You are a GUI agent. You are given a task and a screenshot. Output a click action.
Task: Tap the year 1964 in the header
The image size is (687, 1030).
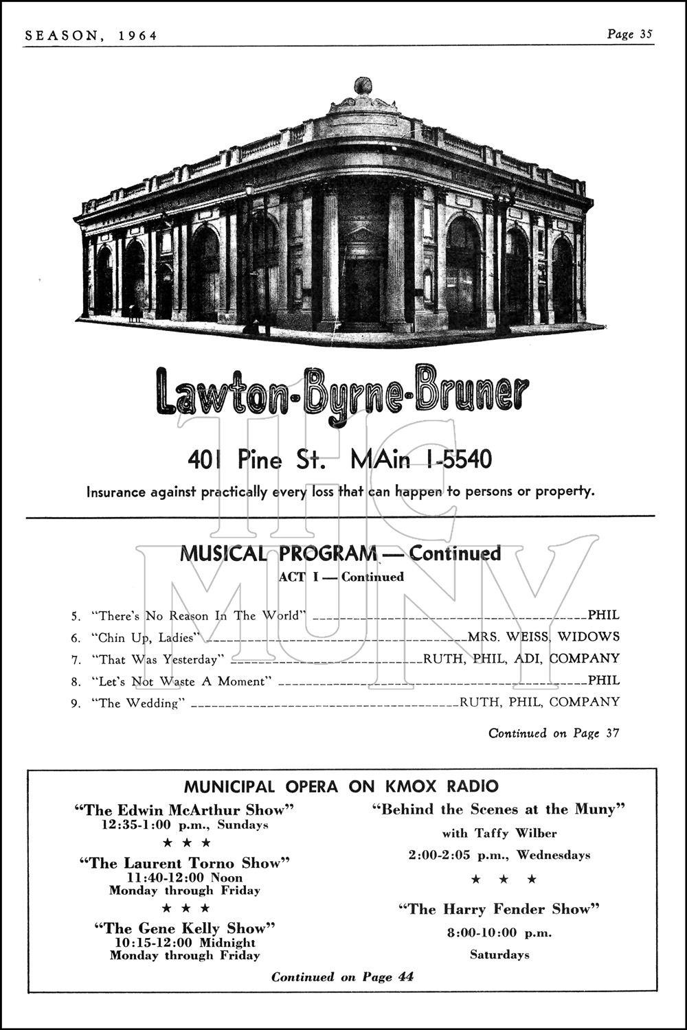pos(135,35)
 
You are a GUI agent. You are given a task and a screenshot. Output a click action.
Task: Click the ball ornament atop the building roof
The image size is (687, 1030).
pos(362,87)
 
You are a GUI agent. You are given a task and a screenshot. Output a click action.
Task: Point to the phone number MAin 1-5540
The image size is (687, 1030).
pos(420,459)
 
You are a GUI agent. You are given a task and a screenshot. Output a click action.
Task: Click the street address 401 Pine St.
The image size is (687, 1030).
pos(256,459)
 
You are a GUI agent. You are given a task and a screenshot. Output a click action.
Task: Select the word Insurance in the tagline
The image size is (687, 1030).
pos(115,492)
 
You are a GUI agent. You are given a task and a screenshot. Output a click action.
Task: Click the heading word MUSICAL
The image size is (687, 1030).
pos(223,553)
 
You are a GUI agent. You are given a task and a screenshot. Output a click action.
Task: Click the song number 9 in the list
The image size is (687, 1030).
pos(75,703)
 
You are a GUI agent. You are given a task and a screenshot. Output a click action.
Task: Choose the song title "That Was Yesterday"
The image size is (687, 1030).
pos(159,660)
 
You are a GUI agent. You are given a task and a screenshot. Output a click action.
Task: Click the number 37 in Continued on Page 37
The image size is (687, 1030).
pos(613,733)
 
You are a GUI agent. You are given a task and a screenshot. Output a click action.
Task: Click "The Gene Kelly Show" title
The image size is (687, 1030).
pos(184,928)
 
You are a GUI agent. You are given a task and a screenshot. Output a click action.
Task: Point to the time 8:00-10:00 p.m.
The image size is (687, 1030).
pos(499,932)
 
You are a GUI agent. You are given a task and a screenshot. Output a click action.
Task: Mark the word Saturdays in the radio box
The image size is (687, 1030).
pos(499,954)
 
